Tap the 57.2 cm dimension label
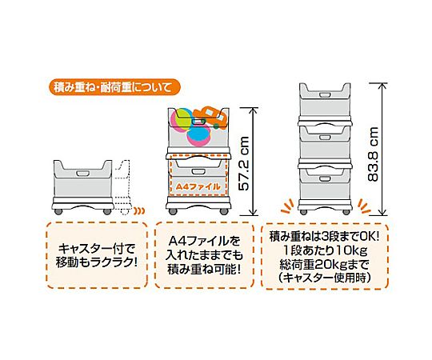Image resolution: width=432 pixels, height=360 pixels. point(243,164)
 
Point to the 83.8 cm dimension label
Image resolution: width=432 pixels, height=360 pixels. point(373,154)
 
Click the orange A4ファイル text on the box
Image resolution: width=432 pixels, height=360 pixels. point(198,186)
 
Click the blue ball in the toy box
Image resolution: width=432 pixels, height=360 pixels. point(199,136)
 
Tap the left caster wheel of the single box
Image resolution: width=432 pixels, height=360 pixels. point(58,211)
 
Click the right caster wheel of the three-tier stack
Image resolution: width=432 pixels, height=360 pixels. point(346,212)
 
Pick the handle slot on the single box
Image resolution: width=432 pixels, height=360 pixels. point(82,174)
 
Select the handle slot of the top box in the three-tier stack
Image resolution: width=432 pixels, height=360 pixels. point(325,95)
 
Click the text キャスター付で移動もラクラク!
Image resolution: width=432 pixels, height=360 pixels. point(97,256)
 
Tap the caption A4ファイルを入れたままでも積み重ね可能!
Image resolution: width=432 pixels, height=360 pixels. point(204,255)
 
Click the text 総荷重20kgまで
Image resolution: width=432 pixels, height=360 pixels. point(324,265)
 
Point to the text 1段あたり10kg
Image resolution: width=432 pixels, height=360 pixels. point(325,250)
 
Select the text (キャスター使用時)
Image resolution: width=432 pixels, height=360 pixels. point(324,278)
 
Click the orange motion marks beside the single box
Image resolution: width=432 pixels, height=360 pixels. point(139,211)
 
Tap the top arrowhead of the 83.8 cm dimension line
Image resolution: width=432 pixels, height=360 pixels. point(382,85)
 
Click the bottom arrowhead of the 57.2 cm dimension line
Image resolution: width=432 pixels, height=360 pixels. point(253,213)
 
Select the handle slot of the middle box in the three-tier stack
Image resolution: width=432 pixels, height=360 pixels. point(325,137)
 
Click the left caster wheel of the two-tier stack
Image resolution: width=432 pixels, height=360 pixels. point(173,211)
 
